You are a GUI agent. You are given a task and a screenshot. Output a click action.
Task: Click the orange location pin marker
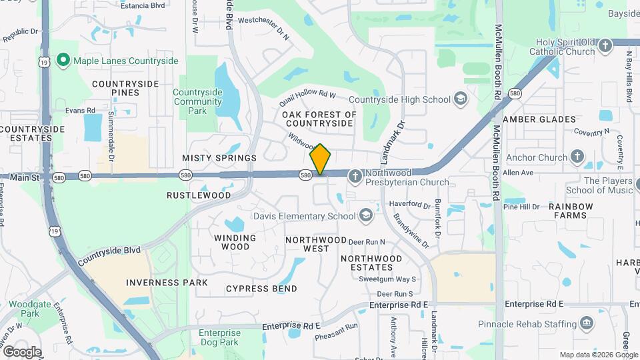pos(320,159)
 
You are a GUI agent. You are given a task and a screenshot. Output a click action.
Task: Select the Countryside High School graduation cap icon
pos(460,99)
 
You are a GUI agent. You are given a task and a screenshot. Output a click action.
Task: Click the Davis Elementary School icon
pos(365,215)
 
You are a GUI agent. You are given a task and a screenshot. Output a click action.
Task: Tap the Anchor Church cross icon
pos(577,157)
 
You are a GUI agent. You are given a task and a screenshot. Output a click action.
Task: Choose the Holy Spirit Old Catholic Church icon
pos(605,46)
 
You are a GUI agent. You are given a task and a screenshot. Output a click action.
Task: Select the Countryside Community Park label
pos(197,101)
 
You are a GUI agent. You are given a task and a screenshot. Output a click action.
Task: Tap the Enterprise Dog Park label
pos(219,337)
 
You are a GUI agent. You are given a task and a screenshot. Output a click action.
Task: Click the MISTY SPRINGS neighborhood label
pos(219,158)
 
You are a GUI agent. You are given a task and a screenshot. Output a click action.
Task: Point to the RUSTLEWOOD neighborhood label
pos(199,195)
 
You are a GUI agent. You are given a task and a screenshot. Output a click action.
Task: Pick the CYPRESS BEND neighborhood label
pos(261,288)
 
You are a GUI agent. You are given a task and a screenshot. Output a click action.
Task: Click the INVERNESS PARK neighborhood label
pos(167,283)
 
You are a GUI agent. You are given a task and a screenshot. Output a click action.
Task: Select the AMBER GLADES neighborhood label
pos(539,119)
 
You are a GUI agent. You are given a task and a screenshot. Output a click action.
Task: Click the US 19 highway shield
pos(44,61)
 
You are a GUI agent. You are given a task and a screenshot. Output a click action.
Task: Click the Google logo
pos(22,351)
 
